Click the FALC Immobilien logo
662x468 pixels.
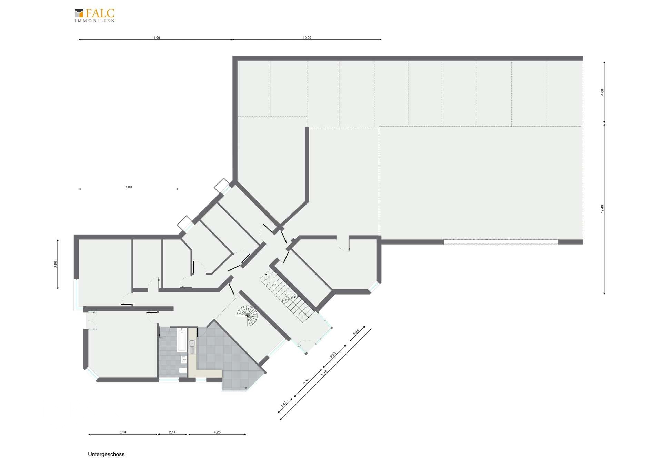coord(94,16)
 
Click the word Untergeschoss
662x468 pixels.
coord(106,454)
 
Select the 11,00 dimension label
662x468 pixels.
coord(156,38)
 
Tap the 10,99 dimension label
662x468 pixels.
coord(307,38)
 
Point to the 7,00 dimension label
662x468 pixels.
coord(128,187)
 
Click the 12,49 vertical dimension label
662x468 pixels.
coord(602,209)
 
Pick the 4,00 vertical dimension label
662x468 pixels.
coord(602,92)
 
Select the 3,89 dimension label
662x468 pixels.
coord(56,264)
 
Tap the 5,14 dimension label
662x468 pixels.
coord(122,432)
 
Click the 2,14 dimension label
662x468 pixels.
coord(172,432)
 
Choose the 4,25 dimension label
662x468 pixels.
coord(217,432)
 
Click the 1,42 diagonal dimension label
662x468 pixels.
coord(284,404)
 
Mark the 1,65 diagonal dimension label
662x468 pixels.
coord(356,332)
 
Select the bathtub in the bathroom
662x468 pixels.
coord(181,340)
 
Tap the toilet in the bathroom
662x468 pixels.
coord(182,371)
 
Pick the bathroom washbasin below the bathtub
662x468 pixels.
coord(183,359)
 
